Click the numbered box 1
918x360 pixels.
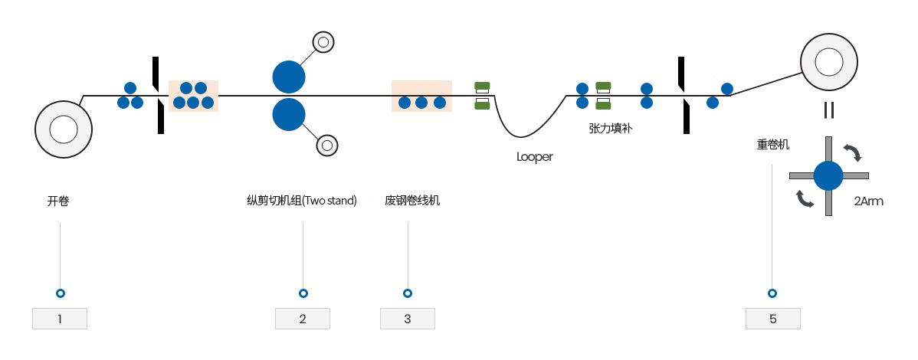pyautogui.click(x=60, y=319)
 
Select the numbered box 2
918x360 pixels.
pyautogui.click(x=303, y=319)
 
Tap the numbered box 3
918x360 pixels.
pyautogui.click(x=408, y=319)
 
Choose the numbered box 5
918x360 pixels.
pyautogui.click(x=773, y=319)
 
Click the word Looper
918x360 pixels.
pyautogui.click(x=535, y=157)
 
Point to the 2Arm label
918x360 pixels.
pyautogui.click(x=868, y=201)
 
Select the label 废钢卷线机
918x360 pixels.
pyautogui.click(x=412, y=201)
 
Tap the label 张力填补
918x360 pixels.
pyautogui.click(x=610, y=128)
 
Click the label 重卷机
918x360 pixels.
pyautogui.click(x=773, y=144)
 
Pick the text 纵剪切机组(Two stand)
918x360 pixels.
pyautogui.click(x=302, y=201)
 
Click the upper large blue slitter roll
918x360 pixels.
pyautogui.click(x=289, y=77)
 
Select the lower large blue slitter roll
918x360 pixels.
pyautogui.click(x=289, y=114)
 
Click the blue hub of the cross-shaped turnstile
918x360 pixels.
pyautogui.click(x=828, y=175)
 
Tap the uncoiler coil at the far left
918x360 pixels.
pyautogui.click(x=64, y=129)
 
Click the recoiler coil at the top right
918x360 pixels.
pyautogui.click(x=829, y=62)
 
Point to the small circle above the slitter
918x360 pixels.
pyautogui.click(x=323, y=41)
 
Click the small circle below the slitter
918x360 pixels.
pyautogui.click(x=327, y=145)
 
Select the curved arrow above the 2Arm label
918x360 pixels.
pyautogui.click(x=853, y=152)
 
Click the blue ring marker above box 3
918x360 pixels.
pyautogui.click(x=408, y=293)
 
